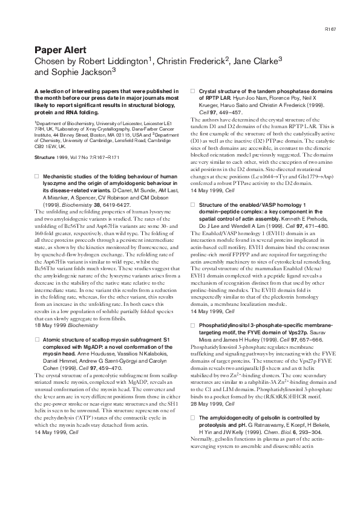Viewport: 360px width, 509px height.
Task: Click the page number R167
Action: (330, 28)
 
